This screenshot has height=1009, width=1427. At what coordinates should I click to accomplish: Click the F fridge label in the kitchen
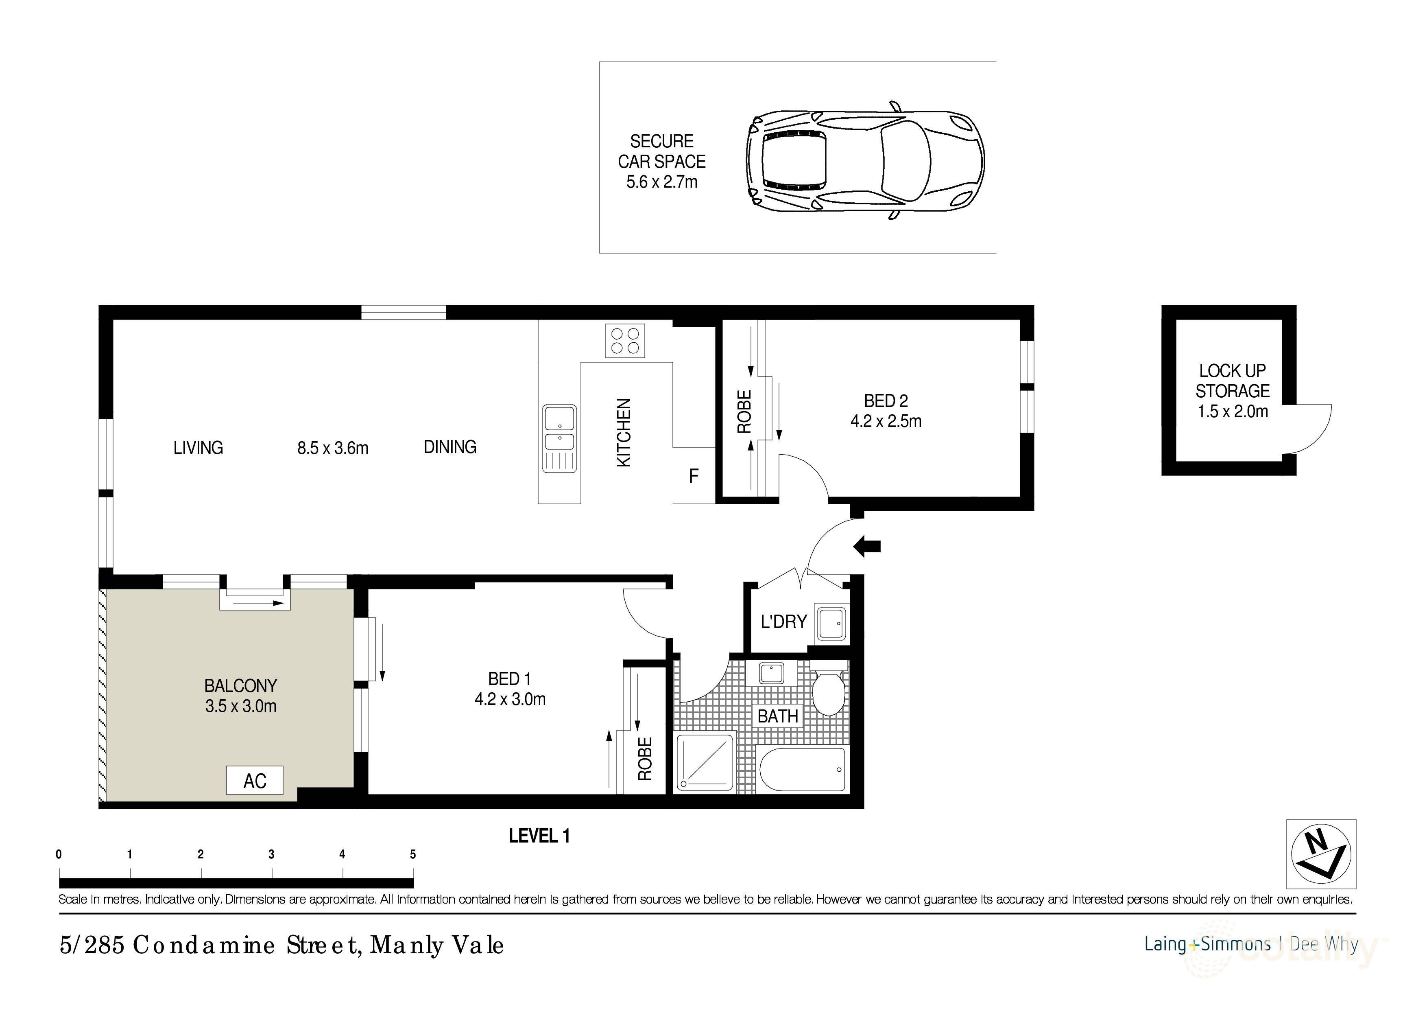click(x=694, y=476)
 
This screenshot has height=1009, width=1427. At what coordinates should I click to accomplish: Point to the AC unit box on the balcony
click(x=255, y=780)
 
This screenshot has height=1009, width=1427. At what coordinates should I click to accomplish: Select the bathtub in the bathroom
click(x=802, y=770)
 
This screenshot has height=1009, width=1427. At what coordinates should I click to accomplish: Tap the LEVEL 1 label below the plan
click(x=539, y=836)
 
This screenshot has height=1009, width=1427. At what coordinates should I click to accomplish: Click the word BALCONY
click(x=240, y=686)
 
